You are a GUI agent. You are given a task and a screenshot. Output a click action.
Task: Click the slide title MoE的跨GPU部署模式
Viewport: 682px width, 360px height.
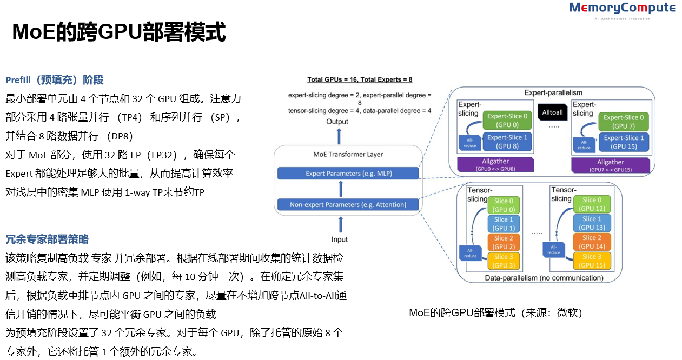[x=118, y=32]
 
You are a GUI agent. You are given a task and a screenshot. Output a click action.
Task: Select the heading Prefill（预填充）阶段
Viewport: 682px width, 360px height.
[x=55, y=80]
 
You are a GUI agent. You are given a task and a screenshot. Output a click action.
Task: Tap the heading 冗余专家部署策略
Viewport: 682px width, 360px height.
[x=47, y=239]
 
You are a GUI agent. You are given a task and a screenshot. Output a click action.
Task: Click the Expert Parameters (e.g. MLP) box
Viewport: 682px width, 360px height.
[x=348, y=174]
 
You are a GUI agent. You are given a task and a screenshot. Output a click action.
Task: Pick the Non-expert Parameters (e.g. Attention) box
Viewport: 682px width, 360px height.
[x=348, y=205]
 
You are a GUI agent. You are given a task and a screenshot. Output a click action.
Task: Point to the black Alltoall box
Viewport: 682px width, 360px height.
[x=553, y=111]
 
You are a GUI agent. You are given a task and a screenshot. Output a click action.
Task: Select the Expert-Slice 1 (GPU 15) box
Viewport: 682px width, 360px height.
[x=623, y=142]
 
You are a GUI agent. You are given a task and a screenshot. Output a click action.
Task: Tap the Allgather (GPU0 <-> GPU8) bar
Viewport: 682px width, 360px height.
[x=495, y=165]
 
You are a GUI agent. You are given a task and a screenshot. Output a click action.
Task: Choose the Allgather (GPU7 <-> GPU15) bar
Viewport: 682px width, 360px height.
[x=610, y=165]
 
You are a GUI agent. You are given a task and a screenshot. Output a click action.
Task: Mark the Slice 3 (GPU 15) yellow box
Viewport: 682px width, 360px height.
[x=592, y=261]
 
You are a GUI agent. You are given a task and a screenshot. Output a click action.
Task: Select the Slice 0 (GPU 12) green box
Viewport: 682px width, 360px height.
[x=592, y=204]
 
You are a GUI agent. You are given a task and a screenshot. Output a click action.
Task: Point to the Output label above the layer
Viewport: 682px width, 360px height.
[x=337, y=122]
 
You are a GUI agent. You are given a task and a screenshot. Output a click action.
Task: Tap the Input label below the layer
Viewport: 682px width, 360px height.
[x=340, y=239]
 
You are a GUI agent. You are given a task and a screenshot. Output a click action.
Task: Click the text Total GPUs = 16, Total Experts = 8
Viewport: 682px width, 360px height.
[x=360, y=79]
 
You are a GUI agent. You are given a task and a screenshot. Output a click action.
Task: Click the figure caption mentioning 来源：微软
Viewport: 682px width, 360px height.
[x=495, y=313]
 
